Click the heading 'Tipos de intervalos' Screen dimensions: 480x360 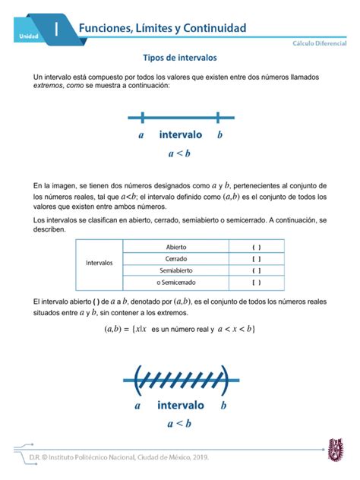(180, 58)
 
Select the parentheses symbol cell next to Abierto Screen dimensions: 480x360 (257, 247)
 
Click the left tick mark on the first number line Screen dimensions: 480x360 (142, 117)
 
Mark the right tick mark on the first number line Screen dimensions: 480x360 (218, 117)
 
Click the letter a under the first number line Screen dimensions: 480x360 (141, 136)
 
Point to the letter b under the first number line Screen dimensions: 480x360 (219, 136)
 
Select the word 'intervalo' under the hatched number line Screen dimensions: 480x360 (180, 406)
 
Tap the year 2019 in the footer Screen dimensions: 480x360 (196, 457)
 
